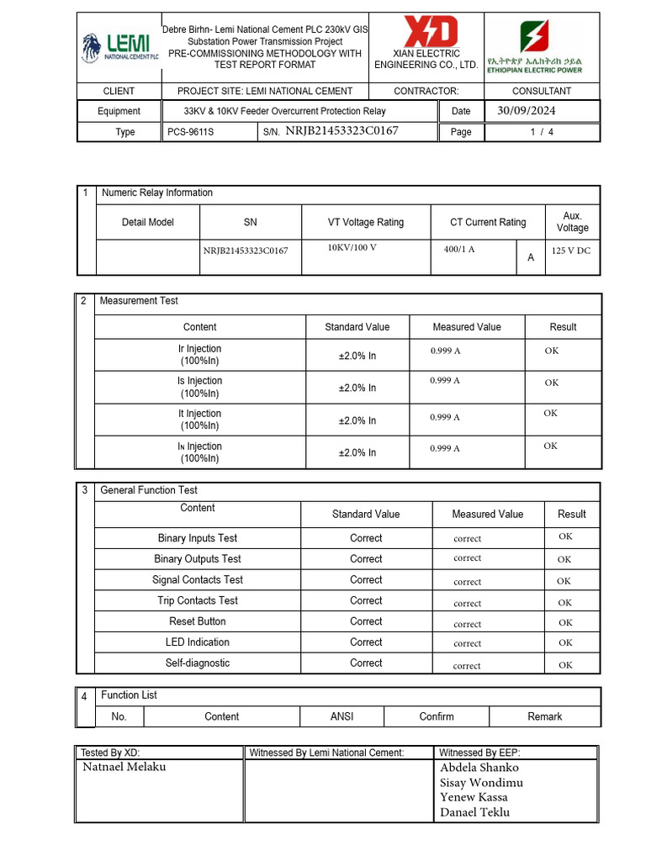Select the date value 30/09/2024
coord(527,110)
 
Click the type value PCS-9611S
coord(185,132)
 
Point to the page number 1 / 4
coord(542,132)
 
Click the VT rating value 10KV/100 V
coord(352,247)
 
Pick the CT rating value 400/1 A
coord(459,249)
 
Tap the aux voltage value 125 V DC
coord(571,251)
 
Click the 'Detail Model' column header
coord(148,222)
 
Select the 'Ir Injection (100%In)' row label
coord(199,355)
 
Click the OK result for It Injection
coord(550,413)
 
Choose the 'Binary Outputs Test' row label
coord(198,559)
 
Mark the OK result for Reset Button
coord(565,623)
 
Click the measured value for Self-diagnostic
coord(467,665)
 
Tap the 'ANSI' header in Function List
coord(342,716)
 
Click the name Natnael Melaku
coord(124,767)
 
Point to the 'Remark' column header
coord(544,716)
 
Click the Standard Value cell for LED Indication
coord(366,642)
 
